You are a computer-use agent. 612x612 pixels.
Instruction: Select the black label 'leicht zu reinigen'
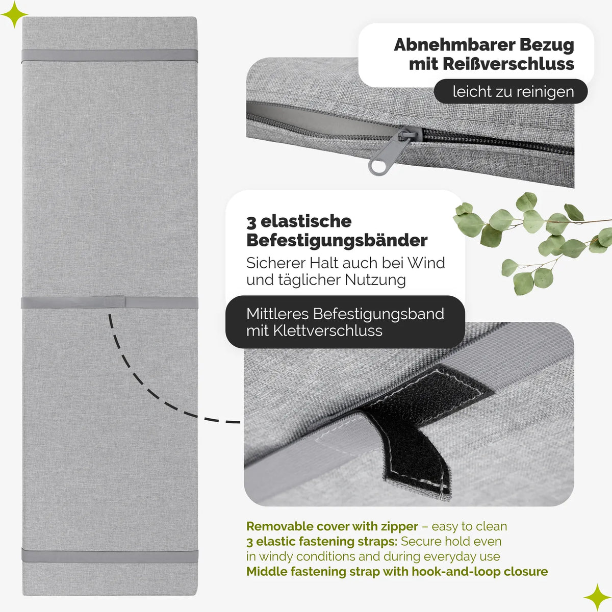[511, 91]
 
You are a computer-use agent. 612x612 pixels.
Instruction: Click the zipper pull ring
[377, 167]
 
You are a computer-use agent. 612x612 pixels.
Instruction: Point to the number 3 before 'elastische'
[251, 222]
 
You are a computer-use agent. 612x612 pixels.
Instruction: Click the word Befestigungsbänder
[337, 241]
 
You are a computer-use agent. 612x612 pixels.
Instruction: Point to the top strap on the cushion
[110, 56]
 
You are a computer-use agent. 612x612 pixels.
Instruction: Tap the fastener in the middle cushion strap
[115, 302]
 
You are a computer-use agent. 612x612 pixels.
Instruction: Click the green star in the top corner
[14, 14]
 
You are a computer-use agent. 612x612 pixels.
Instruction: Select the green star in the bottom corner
[597, 597]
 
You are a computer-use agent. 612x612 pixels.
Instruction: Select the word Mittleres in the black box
[277, 314]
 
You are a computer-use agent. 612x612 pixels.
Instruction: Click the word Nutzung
[375, 280]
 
